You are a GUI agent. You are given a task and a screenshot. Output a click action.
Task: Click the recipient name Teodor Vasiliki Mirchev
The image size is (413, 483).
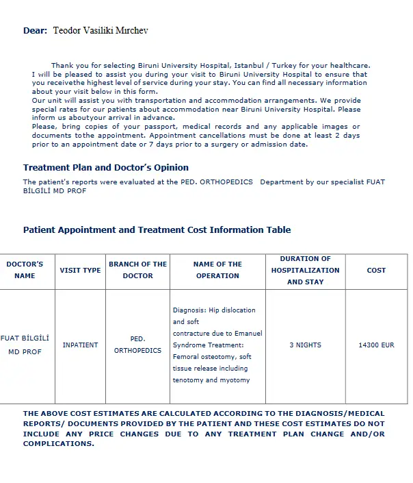[100, 31]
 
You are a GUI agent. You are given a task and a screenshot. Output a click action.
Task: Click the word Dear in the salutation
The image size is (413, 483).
[34, 31]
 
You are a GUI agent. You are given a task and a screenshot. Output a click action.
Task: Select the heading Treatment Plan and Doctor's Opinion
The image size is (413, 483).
[106, 167]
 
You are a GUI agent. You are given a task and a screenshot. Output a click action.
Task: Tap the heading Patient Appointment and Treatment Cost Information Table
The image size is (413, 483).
[157, 230]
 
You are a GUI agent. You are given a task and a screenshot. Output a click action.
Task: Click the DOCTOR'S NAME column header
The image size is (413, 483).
[25, 270]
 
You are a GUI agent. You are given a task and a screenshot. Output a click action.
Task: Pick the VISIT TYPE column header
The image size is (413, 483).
[80, 270]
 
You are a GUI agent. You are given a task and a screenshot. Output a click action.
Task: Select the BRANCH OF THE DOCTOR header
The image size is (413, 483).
[137, 270]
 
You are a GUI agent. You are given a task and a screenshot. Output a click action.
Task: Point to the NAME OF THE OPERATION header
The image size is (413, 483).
[217, 270]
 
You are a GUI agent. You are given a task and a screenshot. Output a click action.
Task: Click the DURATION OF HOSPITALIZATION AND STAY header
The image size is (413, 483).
[305, 270]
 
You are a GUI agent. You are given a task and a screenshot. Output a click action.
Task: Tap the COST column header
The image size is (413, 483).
[376, 270]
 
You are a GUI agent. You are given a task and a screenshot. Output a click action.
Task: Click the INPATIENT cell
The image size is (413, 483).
[80, 345]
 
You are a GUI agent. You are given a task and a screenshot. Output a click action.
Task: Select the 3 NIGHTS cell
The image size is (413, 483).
[305, 345]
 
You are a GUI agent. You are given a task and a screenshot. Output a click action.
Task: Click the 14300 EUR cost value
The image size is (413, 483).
[376, 345]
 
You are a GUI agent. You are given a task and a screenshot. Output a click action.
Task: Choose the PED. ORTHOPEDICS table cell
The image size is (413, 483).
[137, 345]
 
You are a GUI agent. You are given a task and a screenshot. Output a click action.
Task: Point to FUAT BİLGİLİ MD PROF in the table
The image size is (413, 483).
[25, 345]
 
